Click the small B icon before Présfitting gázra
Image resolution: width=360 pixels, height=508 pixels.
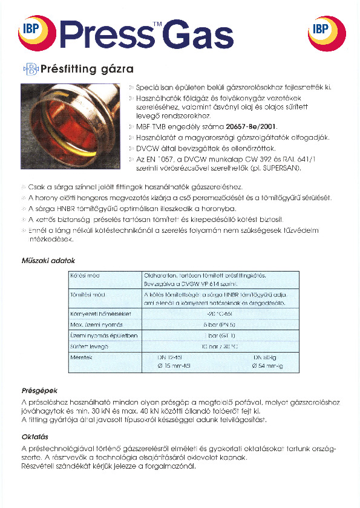[x=31, y=69]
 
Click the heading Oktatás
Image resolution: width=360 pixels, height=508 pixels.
[x=34, y=437]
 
